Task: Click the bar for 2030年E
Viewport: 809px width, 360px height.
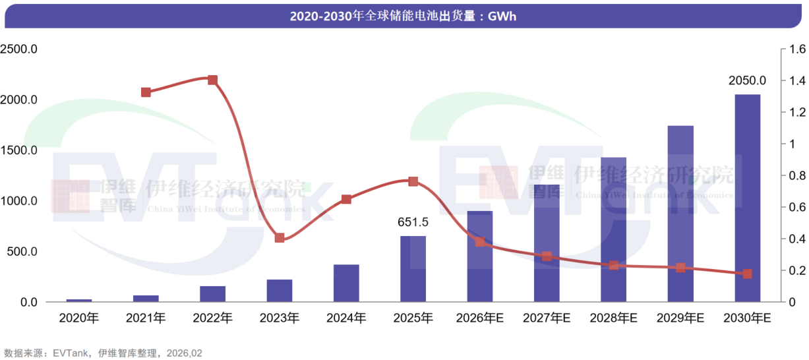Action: point(747,198)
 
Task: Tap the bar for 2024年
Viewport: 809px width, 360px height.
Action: point(346,284)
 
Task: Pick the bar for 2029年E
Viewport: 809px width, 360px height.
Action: point(680,214)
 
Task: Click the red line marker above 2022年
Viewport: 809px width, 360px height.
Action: point(212,80)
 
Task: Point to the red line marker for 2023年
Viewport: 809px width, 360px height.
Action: point(280,237)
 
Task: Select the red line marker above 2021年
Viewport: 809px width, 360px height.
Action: point(146,92)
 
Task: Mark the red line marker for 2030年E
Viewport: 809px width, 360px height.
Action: point(747,274)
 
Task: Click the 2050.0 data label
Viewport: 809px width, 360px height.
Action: point(747,81)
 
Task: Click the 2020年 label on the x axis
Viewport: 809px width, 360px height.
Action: point(78,318)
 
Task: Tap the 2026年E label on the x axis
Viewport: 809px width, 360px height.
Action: point(479,318)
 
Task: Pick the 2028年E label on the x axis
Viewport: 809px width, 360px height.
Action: point(613,318)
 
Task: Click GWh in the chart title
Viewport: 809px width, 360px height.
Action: point(502,16)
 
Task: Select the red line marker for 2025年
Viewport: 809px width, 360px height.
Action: point(413,181)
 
